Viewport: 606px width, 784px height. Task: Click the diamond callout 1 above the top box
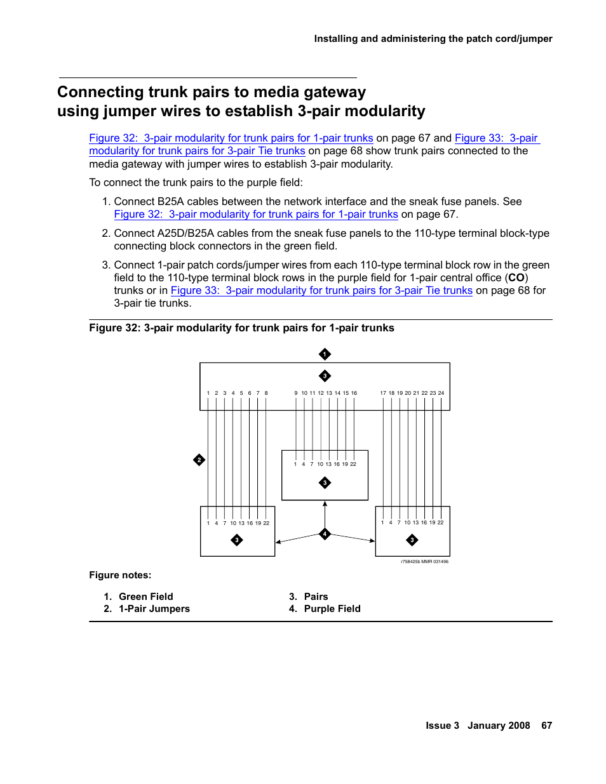[325, 354]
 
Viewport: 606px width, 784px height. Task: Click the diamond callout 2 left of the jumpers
[199, 460]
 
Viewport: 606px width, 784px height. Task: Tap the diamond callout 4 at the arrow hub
[325, 534]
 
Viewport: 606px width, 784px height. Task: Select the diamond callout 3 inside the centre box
[325, 483]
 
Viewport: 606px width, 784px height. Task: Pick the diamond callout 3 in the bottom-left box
[237, 540]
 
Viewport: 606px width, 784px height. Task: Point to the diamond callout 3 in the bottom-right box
[412, 540]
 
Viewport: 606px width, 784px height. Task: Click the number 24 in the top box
[441, 393]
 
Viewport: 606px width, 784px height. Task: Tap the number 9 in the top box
[295, 393]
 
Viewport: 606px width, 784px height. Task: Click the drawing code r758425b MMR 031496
[424, 562]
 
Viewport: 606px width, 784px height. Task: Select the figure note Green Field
[145, 597]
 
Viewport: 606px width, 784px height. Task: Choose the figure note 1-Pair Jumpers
[154, 609]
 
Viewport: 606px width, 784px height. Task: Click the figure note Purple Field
[332, 609]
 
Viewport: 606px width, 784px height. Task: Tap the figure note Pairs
[316, 597]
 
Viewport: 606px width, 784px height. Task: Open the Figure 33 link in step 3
[321, 291]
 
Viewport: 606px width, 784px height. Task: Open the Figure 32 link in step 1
[256, 215]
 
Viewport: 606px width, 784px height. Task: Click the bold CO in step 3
[516, 278]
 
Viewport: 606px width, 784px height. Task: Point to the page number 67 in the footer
[546, 726]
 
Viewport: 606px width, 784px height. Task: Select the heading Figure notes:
[120, 575]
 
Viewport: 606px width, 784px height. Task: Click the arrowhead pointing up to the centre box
[325, 504]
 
